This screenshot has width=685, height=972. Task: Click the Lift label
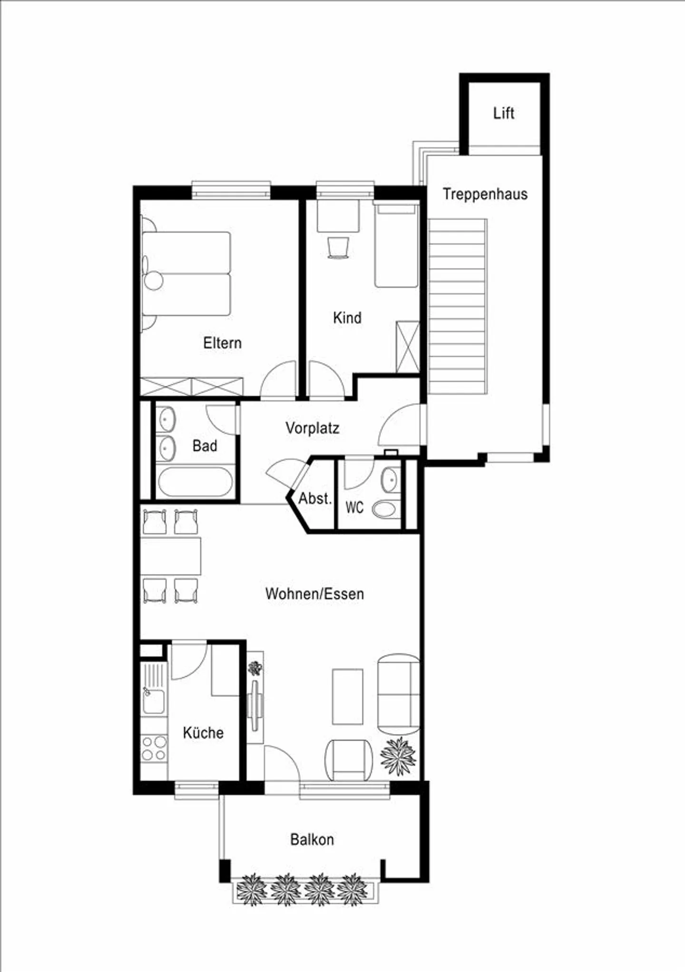click(503, 113)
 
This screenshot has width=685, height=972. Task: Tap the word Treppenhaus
click(485, 194)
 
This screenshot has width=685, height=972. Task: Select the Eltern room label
click(222, 343)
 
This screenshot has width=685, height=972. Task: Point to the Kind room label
click(347, 317)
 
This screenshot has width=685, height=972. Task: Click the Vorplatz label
click(312, 428)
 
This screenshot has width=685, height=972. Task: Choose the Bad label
click(205, 446)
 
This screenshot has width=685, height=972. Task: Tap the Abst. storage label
click(314, 499)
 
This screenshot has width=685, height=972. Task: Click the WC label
click(354, 507)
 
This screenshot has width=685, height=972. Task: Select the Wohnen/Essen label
click(314, 594)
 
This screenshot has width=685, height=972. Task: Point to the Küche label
click(203, 733)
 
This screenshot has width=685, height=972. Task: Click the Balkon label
click(312, 839)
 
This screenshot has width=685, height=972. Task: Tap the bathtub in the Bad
click(195, 482)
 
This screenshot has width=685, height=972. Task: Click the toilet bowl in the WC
click(385, 510)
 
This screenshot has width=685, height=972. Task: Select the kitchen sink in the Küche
click(154, 700)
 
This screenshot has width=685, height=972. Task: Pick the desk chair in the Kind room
click(338, 248)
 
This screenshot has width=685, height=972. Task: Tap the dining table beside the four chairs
click(171, 556)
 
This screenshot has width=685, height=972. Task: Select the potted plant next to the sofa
click(398, 756)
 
